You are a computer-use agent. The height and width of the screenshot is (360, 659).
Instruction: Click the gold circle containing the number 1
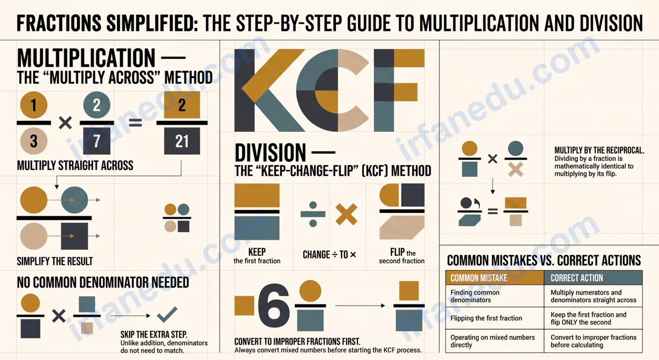[x=33, y=105]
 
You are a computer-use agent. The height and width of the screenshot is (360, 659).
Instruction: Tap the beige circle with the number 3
[x=33, y=141]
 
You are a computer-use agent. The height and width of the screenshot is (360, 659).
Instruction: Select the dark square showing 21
[x=182, y=142]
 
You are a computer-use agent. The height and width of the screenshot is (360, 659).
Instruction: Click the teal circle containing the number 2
[x=97, y=105]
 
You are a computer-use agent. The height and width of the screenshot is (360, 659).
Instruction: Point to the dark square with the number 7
[x=97, y=141]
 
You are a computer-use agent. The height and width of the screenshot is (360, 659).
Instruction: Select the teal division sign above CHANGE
[x=313, y=214]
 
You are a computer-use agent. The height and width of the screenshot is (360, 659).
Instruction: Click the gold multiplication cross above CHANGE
[x=347, y=214]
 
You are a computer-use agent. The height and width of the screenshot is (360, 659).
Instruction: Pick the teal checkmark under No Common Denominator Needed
[x=167, y=315]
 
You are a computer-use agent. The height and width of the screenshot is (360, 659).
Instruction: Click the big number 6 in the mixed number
[x=273, y=306]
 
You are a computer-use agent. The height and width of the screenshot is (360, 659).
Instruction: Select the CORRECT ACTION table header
[x=593, y=278]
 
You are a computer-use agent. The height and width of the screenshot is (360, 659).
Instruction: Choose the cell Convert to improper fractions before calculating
[x=593, y=341]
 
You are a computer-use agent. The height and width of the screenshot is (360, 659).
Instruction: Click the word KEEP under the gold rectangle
[x=257, y=252]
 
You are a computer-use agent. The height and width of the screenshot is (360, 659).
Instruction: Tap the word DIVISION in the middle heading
[x=270, y=153]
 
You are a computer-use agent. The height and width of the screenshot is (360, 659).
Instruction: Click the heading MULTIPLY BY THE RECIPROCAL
[x=599, y=150]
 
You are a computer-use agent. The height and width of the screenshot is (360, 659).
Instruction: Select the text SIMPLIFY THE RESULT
[x=55, y=261]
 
